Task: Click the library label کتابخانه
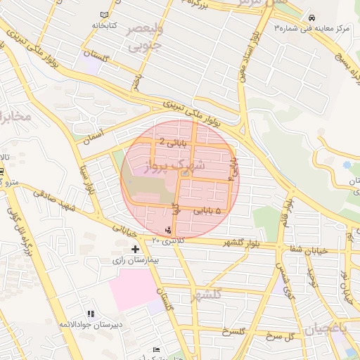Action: click(x=102, y=25)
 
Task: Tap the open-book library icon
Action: click(x=105, y=15)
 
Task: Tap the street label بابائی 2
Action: click(x=172, y=141)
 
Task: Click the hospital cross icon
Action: click(x=136, y=249)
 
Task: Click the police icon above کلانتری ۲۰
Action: click(x=167, y=230)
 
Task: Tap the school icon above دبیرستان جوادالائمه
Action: click(x=90, y=314)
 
